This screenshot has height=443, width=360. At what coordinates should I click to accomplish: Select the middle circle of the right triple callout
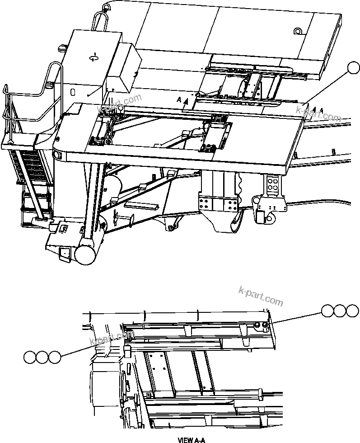pyautogui.click(x=340, y=311)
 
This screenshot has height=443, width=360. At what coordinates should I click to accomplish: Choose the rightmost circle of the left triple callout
pyautogui.click(x=54, y=357)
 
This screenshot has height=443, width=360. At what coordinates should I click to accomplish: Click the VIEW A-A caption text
pyautogui.click(x=192, y=439)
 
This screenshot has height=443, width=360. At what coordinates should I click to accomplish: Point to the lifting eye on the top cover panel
pyautogui.click(x=297, y=32)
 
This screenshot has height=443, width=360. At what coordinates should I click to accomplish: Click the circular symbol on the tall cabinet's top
pyautogui.click(x=94, y=57)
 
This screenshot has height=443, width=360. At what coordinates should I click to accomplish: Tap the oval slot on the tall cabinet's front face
pyautogui.click(x=72, y=92)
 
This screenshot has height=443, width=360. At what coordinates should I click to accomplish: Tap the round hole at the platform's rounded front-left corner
pyautogui.click(x=57, y=154)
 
